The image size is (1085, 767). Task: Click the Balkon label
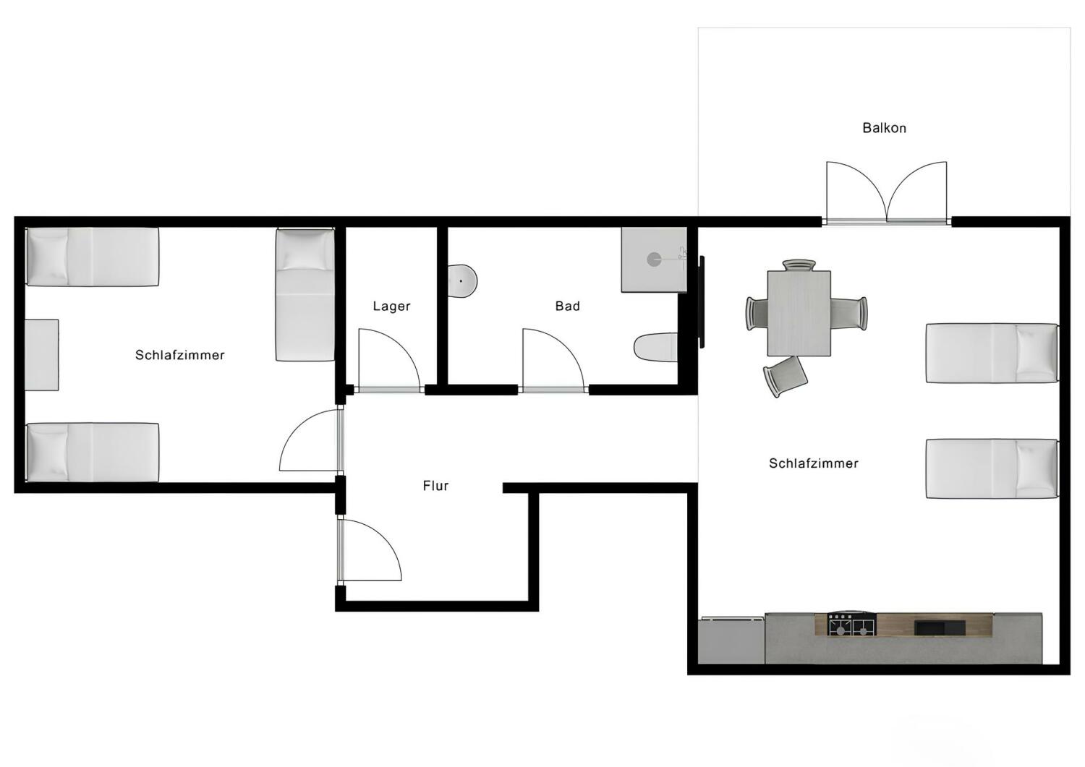click(884, 128)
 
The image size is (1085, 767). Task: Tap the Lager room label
click(391, 306)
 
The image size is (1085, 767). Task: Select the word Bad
click(567, 306)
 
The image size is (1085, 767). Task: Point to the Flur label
click(435, 486)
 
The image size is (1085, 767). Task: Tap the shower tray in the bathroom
click(653, 260)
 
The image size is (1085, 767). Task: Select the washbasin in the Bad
click(462, 280)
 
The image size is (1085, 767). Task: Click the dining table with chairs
click(799, 312)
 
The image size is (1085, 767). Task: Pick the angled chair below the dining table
click(786, 375)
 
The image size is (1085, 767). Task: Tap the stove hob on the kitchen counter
click(851, 624)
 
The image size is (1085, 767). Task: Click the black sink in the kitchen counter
click(940, 626)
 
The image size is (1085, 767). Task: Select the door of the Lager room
click(388, 360)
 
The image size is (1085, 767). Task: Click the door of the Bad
click(552, 360)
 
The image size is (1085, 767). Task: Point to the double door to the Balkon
click(887, 192)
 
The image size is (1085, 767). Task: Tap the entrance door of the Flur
click(370, 549)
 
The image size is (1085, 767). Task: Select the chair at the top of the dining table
click(799, 265)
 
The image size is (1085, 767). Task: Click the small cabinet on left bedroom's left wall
click(42, 355)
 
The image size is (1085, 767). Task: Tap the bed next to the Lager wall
click(305, 294)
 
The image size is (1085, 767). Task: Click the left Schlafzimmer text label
click(180, 355)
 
